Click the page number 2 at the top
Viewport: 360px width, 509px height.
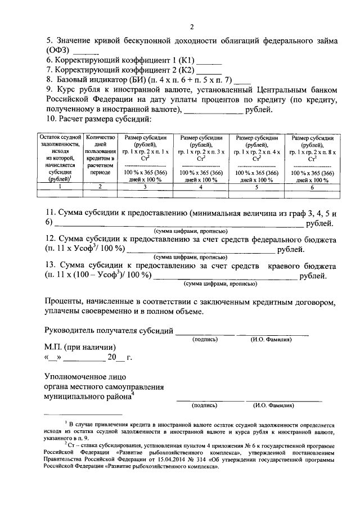(191, 26)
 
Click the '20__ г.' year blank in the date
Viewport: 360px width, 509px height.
(119, 357)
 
